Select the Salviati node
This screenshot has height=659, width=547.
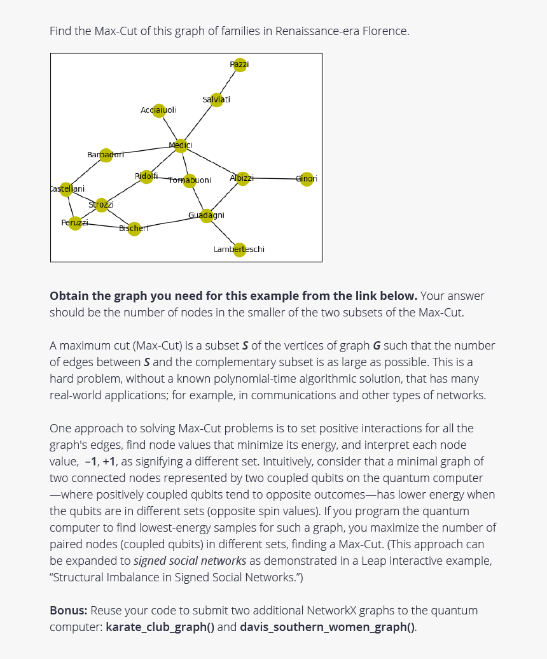[217, 100]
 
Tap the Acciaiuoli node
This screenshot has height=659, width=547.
[159, 111]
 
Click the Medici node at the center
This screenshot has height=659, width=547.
[181, 146]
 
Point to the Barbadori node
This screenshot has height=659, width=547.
[106, 155]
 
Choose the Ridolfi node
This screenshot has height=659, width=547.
[146, 176]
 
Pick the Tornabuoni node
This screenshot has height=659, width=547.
[189, 181]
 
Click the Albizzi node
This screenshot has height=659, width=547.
[242, 178]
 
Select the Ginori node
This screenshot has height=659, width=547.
[307, 179]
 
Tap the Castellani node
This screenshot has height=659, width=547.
[66, 189]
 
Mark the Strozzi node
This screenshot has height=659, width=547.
[101, 205]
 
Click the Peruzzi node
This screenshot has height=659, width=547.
[75, 223]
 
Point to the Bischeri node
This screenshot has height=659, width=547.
[134, 229]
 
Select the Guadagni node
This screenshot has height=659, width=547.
[206, 215]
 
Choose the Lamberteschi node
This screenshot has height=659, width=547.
[239, 250]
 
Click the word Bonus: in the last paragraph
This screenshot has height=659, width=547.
[69, 610]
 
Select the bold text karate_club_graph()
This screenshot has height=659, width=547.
[160, 627]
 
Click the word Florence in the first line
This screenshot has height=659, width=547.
[385, 31]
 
